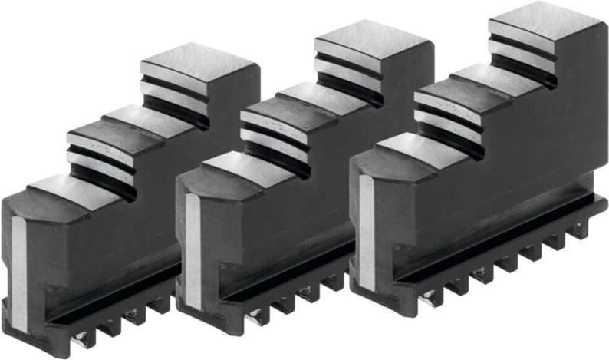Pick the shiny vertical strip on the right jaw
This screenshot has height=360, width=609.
point(367,223)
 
